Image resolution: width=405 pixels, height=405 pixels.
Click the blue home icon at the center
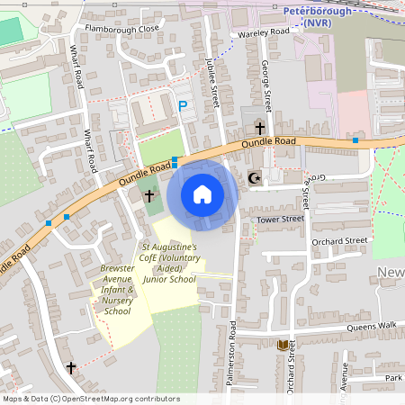(202, 194)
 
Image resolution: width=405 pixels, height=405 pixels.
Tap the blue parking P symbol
(183, 106)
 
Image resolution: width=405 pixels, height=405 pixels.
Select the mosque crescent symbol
(254, 178)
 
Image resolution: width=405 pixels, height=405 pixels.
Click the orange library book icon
(283, 346)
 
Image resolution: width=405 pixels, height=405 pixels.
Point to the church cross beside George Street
(261, 130)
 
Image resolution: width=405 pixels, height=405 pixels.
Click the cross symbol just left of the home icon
(149, 195)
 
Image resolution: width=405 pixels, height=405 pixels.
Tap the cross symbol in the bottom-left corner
(72, 367)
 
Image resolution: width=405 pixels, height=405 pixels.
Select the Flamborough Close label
(121, 29)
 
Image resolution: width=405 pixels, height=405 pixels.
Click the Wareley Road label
(264, 32)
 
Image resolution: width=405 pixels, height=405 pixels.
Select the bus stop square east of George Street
(355, 140)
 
